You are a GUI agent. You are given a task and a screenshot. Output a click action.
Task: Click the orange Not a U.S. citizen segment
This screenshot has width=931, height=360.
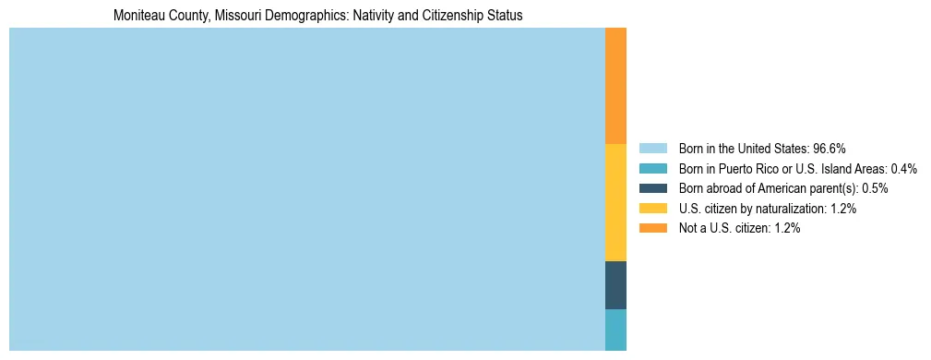coord(615,86)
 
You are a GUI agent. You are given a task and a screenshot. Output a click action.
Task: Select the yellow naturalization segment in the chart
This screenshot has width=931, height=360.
coord(615,202)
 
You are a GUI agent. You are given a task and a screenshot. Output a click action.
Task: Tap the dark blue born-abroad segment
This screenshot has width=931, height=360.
coord(615,285)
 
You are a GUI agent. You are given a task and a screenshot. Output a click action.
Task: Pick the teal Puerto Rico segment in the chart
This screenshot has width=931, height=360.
coord(615,330)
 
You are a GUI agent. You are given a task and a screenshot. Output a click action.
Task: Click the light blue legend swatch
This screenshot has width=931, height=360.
coord(652,149)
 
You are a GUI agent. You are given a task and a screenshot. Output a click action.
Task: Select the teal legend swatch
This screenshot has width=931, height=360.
coord(652,169)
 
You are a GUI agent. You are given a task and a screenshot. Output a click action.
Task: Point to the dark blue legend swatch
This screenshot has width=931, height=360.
coord(652,188)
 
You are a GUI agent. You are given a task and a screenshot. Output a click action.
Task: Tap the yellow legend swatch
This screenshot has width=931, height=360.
coord(652,209)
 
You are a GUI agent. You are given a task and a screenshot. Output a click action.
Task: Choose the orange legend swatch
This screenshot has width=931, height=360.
coord(652,228)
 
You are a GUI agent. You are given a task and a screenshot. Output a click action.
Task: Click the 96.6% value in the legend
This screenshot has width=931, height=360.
coord(830,149)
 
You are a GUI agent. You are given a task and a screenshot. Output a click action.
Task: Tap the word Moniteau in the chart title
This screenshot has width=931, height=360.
coord(137,16)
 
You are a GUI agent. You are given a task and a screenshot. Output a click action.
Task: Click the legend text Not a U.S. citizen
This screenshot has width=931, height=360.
coord(723,228)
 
